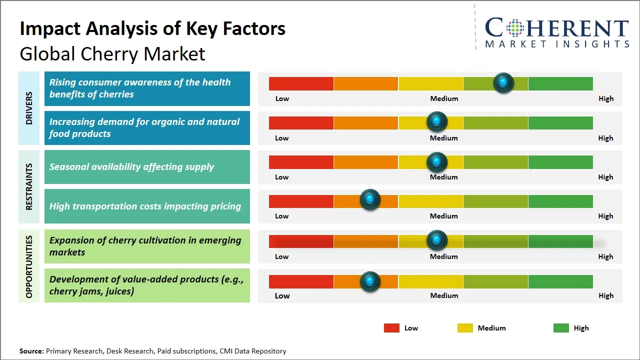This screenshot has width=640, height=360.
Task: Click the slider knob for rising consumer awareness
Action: pos(503,82)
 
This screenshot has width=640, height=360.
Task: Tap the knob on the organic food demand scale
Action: pos(437,122)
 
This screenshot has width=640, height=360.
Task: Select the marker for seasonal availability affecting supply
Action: pos(437,161)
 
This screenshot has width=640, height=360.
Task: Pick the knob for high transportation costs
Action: pos(370,200)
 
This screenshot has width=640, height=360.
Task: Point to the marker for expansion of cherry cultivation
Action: pos(437,240)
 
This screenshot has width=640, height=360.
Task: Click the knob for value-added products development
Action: pos(370,281)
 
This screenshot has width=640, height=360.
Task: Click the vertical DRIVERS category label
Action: pos(29,108)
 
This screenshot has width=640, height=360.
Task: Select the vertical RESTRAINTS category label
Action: pos(29,186)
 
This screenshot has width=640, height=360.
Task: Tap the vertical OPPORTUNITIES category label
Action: pos(29,266)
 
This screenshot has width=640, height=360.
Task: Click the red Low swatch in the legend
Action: pos(391,328)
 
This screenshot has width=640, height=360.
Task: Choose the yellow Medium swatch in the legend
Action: pos(465,328)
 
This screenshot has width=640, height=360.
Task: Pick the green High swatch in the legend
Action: pos(561,328)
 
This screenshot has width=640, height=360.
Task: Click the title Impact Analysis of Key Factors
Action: pos(152,29)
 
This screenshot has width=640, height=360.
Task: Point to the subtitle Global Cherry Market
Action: pos(112,54)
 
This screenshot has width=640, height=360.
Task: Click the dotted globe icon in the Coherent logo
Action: pos(514,28)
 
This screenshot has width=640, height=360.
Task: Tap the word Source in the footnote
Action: pos(31,351)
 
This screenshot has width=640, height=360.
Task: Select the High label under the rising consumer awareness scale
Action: pos(606,98)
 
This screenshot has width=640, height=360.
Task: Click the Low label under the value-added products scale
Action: pos(282,295)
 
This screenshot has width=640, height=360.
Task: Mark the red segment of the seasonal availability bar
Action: pos(301,162)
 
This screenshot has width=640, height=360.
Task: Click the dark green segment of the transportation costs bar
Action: pos(560,201)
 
